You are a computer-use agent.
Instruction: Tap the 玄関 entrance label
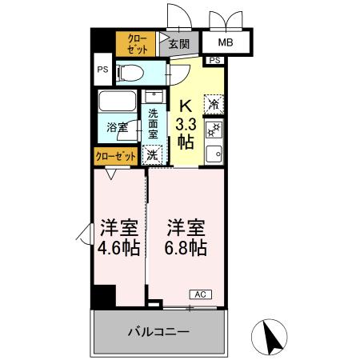(178, 43)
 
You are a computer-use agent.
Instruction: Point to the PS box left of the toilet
(102, 70)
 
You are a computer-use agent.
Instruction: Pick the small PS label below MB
(214, 61)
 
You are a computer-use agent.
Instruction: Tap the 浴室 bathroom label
(118, 126)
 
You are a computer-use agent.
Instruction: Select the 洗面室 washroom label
(153, 125)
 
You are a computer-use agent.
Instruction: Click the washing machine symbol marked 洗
(151, 154)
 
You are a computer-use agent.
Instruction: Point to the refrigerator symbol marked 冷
(214, 102)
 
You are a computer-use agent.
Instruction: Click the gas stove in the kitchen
(214, 130)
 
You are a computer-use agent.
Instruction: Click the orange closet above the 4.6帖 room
(117, 156)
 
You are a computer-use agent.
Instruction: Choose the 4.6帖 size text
(120, 247)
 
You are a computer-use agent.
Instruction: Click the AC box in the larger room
(201, 294)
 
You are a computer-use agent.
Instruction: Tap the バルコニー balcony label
(158, 331)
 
